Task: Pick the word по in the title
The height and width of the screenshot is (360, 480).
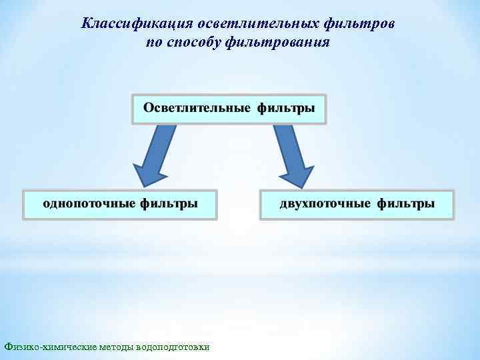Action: click(x=153, y=42)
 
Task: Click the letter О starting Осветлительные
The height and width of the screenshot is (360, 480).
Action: click(x=149, y=108)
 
